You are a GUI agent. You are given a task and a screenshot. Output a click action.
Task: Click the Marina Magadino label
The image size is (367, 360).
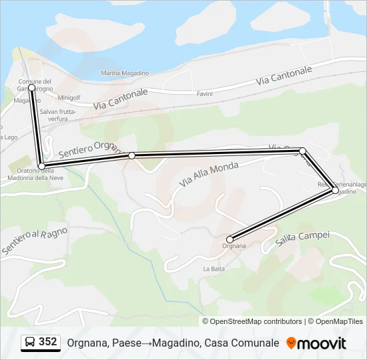pyautogui.click(x=124, y=73)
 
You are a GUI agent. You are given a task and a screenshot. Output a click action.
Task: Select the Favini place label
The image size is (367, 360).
pyautogui.click(x=204, y=94)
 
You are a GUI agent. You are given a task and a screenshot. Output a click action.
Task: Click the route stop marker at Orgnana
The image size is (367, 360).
pyautogui.click(x=230, y=239)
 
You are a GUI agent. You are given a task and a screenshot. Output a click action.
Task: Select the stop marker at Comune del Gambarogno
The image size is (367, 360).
pyautogui.click(x=31, y=87)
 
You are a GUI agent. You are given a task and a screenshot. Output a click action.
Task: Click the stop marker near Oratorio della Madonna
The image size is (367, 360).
pyautogui.click(x=42, y=165)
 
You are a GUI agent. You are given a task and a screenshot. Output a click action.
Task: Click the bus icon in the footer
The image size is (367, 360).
pyautogui.click(x=30, y=343)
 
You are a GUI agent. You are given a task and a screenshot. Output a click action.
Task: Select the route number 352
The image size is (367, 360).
pyautogui.click(x=48, y=342)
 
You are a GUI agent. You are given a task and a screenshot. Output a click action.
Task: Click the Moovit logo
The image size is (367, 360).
pyautogui.click(x=316, y=343)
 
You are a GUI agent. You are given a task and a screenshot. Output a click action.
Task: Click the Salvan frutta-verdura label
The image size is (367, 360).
pyautogui.click(x=58, y=115)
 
